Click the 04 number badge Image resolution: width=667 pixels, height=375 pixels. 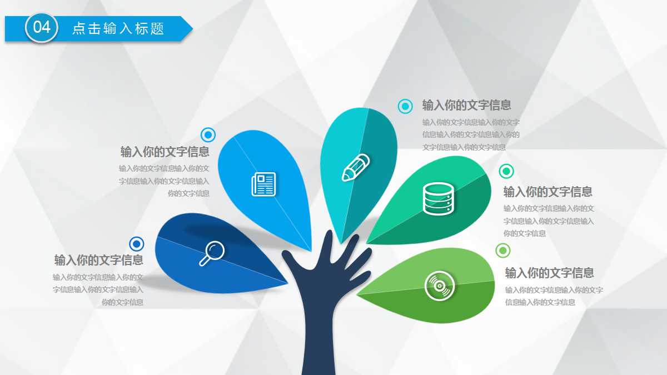pos(42,27)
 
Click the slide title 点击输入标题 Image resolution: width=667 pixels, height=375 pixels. pos(118,28)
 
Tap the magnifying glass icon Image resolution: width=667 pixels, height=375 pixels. pos(212,253)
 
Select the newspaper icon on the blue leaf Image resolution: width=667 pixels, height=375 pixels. pos(263,184)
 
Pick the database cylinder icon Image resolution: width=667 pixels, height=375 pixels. pos(439,198)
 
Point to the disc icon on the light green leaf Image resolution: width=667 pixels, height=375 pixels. pos(440,286)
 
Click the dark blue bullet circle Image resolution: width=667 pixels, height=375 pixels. pos(137,244)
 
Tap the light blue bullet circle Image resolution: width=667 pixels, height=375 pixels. pos(208,134)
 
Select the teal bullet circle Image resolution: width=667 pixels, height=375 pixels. pos(405,106)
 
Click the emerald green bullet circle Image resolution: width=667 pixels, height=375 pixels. pos(506,171)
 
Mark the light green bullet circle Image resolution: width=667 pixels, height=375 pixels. pos(502,251)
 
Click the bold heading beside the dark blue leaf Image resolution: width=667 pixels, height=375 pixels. pos(99,260)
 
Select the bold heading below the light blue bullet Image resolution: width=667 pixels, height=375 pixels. pos(165,152)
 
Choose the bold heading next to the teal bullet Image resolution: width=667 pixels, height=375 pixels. pos(466,105)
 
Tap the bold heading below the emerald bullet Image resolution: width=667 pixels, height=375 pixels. pos(547,192)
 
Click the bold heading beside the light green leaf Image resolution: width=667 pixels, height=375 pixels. pos(549,273)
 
